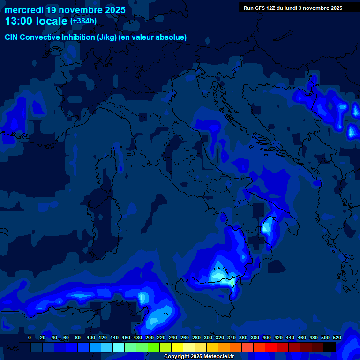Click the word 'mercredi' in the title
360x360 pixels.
[23, 10]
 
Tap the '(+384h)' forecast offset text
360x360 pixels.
[83, 21]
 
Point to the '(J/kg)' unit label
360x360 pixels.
[108, 37]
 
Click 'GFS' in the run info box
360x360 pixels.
[261, 8]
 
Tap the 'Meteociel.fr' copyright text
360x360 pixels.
[215, 357]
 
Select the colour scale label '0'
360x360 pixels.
[30, 337]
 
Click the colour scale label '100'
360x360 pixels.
[91, 337]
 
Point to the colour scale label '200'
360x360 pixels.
[150, 337]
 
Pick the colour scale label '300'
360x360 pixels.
[208, 337]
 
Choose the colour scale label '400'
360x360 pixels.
[267, 337]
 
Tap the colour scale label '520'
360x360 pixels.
[337, 337]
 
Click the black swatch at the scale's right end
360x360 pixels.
[330, 347]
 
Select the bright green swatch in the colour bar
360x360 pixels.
[154, 347]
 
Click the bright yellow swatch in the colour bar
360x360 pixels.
[177, 347]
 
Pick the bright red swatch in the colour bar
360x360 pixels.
[271, 347]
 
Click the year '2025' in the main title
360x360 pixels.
[115, 10]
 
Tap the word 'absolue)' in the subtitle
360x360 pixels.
[171, 37]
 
